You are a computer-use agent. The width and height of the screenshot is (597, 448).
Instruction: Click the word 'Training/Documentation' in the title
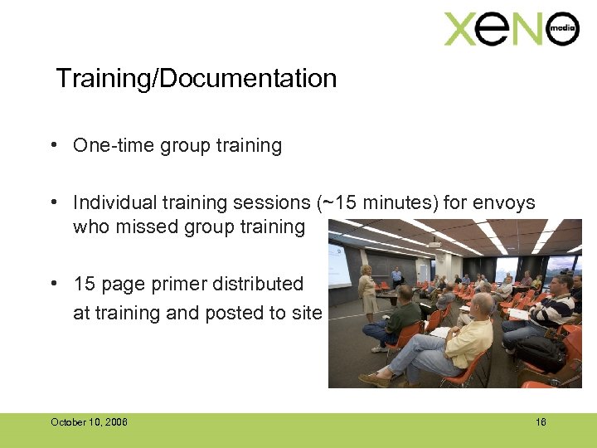pos(197,79)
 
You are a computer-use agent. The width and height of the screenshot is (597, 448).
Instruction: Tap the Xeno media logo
pos(511,30)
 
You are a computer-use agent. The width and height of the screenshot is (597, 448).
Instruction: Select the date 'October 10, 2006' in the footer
pos(89,422)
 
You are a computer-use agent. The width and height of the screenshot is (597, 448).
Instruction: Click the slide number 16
pos(541,422)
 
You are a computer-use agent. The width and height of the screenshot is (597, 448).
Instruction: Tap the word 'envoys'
pos(507,202)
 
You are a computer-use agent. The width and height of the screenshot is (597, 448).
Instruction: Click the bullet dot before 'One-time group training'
pos(52,146)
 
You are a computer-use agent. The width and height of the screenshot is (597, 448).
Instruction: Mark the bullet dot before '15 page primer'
pos(52,284)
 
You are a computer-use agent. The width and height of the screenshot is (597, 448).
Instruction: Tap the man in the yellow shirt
pos(464,336)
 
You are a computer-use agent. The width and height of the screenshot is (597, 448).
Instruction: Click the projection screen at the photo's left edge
pos(338,261)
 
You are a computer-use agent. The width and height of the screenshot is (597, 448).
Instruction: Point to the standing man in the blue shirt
pos(396,277)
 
